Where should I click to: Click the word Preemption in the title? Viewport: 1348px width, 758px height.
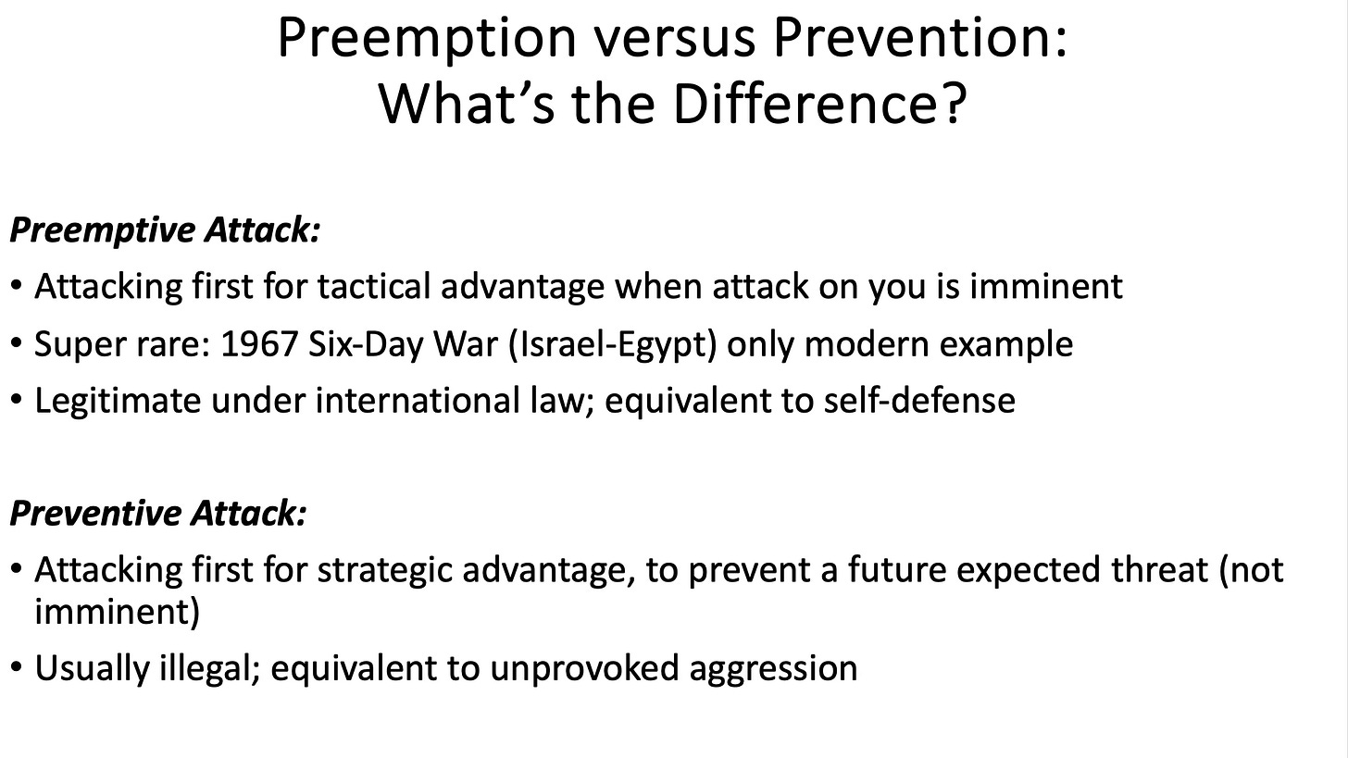click(x=427, y=39)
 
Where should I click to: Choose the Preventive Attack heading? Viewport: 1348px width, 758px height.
click(x=158, y=514)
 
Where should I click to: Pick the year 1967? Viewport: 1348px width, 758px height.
click(x=259, y=344)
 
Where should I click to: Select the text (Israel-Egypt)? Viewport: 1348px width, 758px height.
click(x=613, y=345)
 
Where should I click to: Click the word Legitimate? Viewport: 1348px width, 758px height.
click(x=118, y=402)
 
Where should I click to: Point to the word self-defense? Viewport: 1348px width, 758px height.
click(x=919, y=401)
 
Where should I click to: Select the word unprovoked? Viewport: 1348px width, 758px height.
click(x=584, y=669)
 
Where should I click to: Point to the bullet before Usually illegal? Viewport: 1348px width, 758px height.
click(x=17, y=667)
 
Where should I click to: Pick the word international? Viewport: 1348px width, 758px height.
click(x=418, y=402)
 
